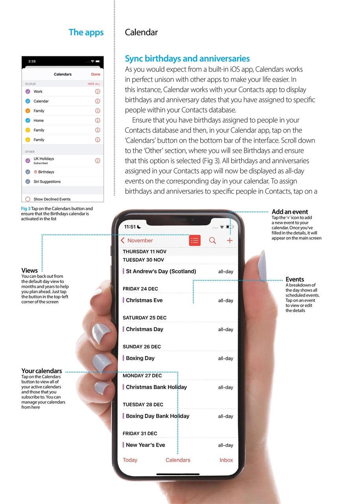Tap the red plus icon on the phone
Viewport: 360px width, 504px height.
click(x=230, y=241)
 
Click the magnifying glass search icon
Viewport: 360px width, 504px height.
click(x=212, y=241)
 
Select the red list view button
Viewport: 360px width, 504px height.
click(x=195, y=241)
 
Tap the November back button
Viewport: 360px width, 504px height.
click(x=137, y=241)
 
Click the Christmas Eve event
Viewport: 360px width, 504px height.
click(x=144, y=300)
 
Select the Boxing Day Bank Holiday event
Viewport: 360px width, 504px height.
click(x=157, y=416)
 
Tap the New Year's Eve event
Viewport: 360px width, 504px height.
click(x=145, y=445)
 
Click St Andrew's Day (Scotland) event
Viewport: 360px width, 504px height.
click(x=161, y=271)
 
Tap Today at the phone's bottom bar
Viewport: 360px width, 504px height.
click(x=130, y=460)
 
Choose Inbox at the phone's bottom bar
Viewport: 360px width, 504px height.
click(x=226, y=460)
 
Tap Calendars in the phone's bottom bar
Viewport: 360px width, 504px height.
click(x=178, y=460)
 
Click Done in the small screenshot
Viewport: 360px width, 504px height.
click(x=96, y=74)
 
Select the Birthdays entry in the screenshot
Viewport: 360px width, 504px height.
click(x=46, y=172)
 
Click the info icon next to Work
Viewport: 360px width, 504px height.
click(x=98, y=91)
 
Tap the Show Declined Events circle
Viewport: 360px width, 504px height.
click(x=28, y=199)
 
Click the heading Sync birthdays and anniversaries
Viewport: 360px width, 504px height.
click(x=187, y=59)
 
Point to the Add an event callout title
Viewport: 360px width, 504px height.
click(x=290, y=212)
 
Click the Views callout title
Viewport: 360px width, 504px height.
click(x=30, y=271)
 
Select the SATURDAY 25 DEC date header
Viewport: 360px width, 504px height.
click(x=144, y=318)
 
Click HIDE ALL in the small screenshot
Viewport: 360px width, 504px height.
click(x=94, y=84)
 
